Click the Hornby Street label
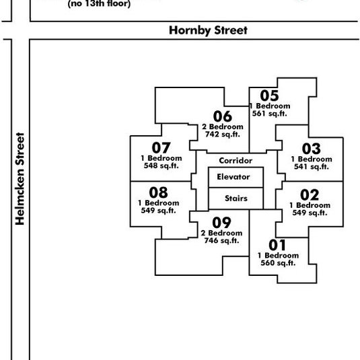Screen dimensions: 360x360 click(x=208, y=31)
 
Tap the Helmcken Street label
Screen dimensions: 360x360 click(x=20, y=178)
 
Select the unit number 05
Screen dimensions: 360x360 click(x=269, y=96)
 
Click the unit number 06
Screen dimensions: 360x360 click(x=223, y=116)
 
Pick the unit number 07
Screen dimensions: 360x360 click(x=161, y=147)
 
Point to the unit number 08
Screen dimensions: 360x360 click(x=158, y=192)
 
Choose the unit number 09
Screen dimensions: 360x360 click(x=221, y=223)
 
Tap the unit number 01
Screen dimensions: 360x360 click(x=277, y=245)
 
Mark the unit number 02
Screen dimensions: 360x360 click(x=310, y=195)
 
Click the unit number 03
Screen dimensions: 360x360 click(x=312, y=149)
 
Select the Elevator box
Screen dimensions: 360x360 click(x=236, y=177)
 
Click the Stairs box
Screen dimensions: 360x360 click(x=236, y=199)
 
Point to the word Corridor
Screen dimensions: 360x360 click(x=236, y=160)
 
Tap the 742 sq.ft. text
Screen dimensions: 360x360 click(x=223, y=135)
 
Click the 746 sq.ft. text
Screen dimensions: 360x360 click(x=222, y=241)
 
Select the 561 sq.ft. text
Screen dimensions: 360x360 click(x=270, y=114)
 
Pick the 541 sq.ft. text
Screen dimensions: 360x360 click(x=312, y=167)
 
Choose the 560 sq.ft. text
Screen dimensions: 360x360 click(x=279, y=263)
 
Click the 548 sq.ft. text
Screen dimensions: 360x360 click(x=161, y=166)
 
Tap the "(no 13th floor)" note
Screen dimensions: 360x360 click(x=99, y=4)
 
